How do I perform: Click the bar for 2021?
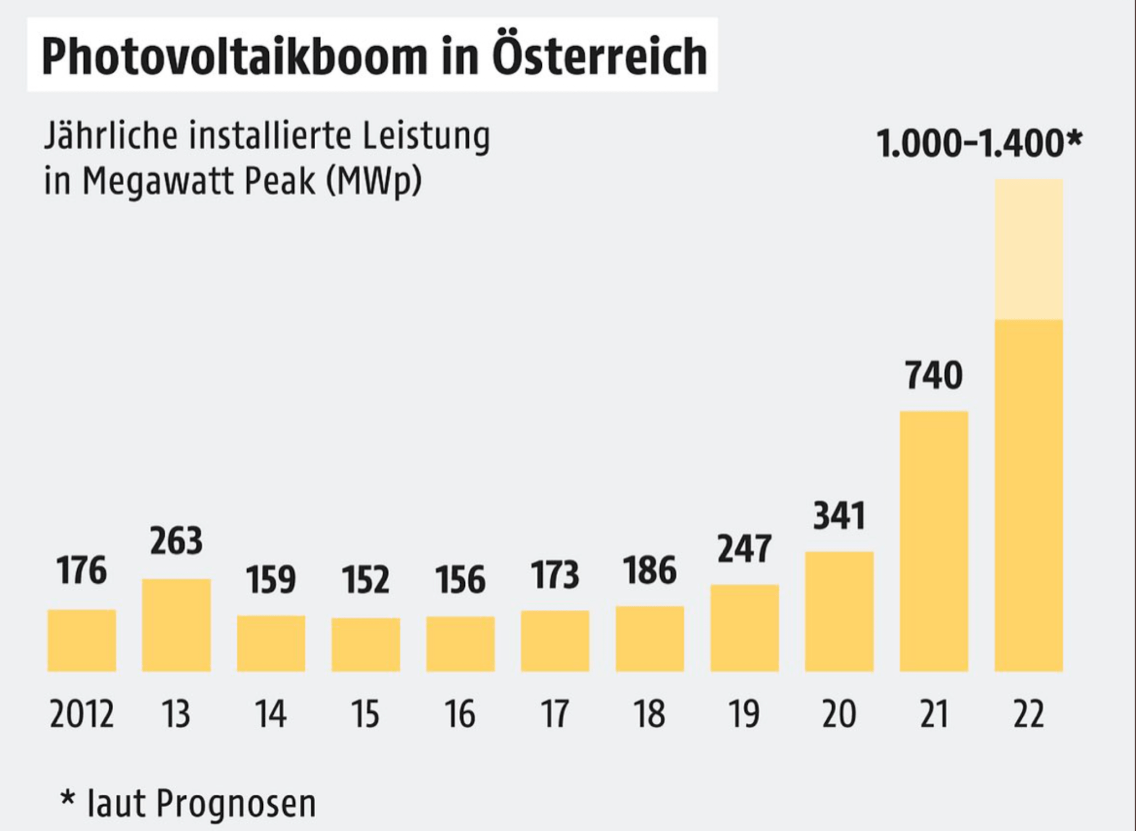[933, 541]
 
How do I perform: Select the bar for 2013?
[176, 625]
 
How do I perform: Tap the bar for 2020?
[839, 611]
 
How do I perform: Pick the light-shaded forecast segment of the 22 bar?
[1028, 249]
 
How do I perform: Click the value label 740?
[933, 375]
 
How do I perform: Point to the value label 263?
[176, 541]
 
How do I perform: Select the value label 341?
[839, 516]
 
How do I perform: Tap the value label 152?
[365, 580]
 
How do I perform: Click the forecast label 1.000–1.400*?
[978, 143]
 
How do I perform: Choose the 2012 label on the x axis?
[81, 714]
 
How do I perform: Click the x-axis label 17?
[554, 714]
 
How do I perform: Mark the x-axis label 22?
[1028, 714]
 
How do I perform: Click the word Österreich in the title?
[599, 56]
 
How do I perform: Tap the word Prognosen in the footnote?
[235, 803]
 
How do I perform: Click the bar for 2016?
[460, 643]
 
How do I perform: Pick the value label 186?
[649, 571]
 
